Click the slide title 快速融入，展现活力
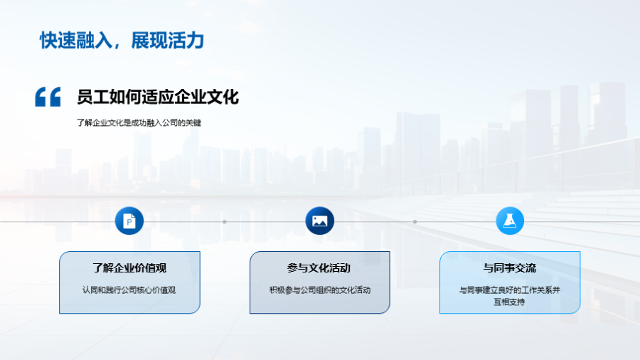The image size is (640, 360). [x=122, y=41]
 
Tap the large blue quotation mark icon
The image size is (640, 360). [x=48, y=97]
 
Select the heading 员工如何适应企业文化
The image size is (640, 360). [x=158, y=97]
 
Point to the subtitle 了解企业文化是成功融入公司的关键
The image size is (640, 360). [x=139, y=123]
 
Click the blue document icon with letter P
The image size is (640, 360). [x=129, y=221]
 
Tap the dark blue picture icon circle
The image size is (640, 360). [x=319, y=221]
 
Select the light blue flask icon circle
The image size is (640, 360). [x=510, y=221]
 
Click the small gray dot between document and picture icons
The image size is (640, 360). [x=225, y=222]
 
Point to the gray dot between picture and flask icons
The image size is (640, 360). [x=415, y=222]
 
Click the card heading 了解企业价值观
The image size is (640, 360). [x=129, y=268]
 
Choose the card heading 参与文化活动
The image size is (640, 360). [x=319, y=268]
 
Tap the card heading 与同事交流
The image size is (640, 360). [x=510, y=268]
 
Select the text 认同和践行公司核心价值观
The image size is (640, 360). [x=129, y=290]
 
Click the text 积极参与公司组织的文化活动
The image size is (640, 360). [x=319, y=290]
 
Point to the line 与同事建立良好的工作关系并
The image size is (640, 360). [x=509, y=290]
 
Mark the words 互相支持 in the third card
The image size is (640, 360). [x=509, y=302]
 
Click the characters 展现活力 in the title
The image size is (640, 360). [x=168, y=41]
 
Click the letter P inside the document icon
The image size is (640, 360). [x=129, y=222]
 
